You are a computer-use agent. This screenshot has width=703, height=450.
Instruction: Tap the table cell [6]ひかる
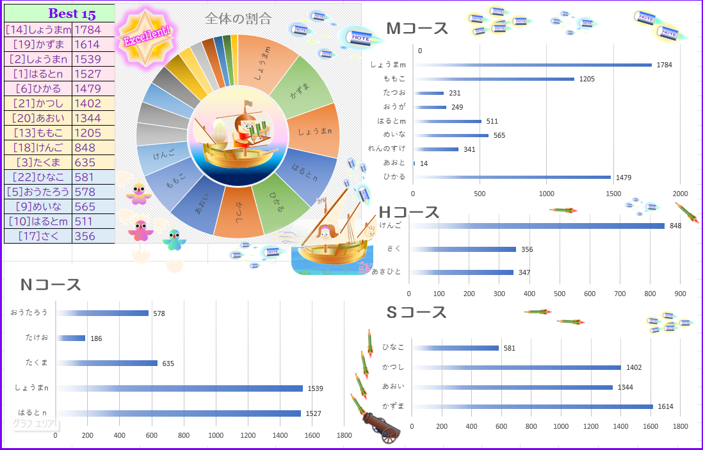click(x=38, y=88)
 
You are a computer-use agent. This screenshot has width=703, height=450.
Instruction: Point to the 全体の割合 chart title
click(x=238, y=19)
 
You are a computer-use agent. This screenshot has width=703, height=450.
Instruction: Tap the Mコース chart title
click(x=417, y=29)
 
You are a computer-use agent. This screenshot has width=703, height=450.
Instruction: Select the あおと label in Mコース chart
click(x=395, y=163)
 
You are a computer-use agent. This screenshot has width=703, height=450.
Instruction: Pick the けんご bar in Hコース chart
click(x=538, y=226)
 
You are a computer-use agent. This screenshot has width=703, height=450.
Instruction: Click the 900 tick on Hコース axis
click(x=680, y=294)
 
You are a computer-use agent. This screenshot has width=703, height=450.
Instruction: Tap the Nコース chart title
click(x=51, y=285)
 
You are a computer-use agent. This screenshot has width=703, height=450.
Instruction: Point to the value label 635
click(x=167, y=363)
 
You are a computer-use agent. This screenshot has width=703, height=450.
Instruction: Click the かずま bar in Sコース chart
click(x=531, y=406)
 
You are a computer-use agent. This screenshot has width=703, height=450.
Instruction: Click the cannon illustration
click(x=380, y=426)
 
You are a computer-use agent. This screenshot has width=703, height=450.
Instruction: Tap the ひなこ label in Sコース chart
click(x=393, y=347)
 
